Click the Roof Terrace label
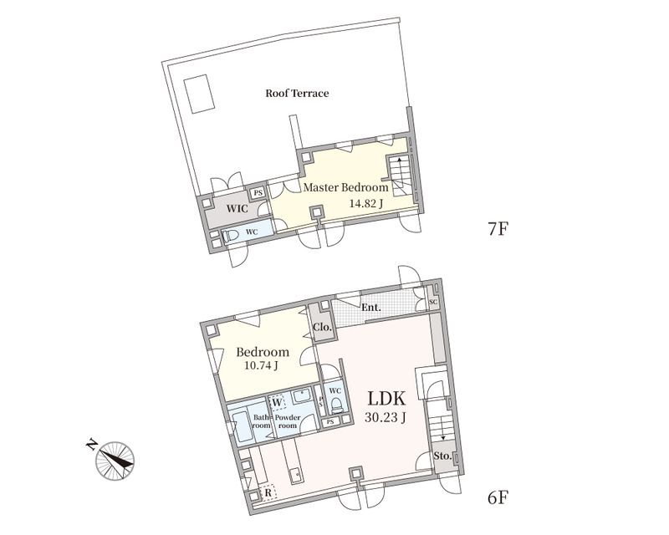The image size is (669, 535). pos(297,93)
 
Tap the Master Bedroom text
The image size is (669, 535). pos(345,187)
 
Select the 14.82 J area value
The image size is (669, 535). pos(365,203)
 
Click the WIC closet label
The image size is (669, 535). pos(237,209)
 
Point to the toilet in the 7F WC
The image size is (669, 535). pos(231,236)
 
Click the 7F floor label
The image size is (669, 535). pos(498,229)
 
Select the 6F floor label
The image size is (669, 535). pos(498,497)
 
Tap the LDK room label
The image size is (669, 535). pos(386,399)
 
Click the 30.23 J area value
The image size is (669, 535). pos(385,418)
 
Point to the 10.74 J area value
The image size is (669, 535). pos(261,365)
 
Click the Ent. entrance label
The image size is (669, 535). pos(371,308)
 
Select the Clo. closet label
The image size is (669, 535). pos(322,328)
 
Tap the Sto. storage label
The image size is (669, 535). pos(442,456)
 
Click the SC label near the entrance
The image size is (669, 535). pos(433,302)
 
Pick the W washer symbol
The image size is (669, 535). pos(277,402)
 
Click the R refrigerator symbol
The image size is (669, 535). pos(268,492)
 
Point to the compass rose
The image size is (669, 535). pos(115,460)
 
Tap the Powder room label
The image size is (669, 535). pos(288,421)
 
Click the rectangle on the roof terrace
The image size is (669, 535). pos(199,94)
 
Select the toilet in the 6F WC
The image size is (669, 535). pos(337,405)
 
